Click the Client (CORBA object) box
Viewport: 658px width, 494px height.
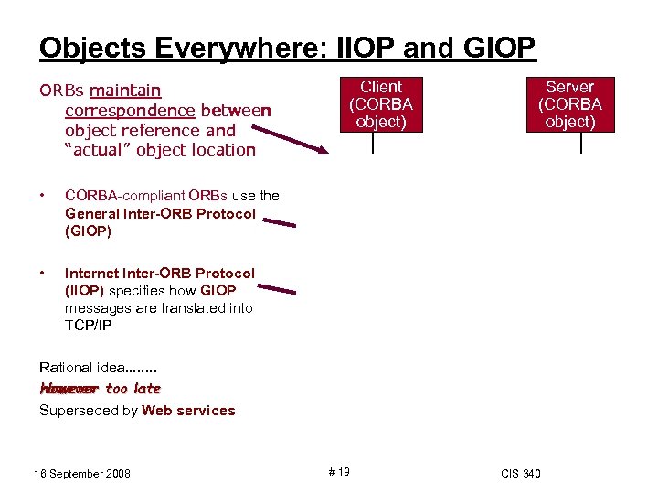click(x=381, y=104)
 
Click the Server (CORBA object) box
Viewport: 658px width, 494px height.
click(x=569, y=104)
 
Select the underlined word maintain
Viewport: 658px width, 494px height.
click(x=126, y=91)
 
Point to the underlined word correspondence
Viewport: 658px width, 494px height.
click(x=130, y=111)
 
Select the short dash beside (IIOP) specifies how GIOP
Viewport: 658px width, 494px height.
click(x=279, y=291)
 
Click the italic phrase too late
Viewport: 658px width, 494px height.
click(x=133, y=389)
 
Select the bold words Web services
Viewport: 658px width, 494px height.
click(x=188, y=411)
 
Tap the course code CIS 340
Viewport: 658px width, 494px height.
click(x=521, y=473)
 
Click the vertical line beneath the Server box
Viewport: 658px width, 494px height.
click(x=580, y=143)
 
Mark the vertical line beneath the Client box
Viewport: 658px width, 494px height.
click(x=373, y=143)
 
